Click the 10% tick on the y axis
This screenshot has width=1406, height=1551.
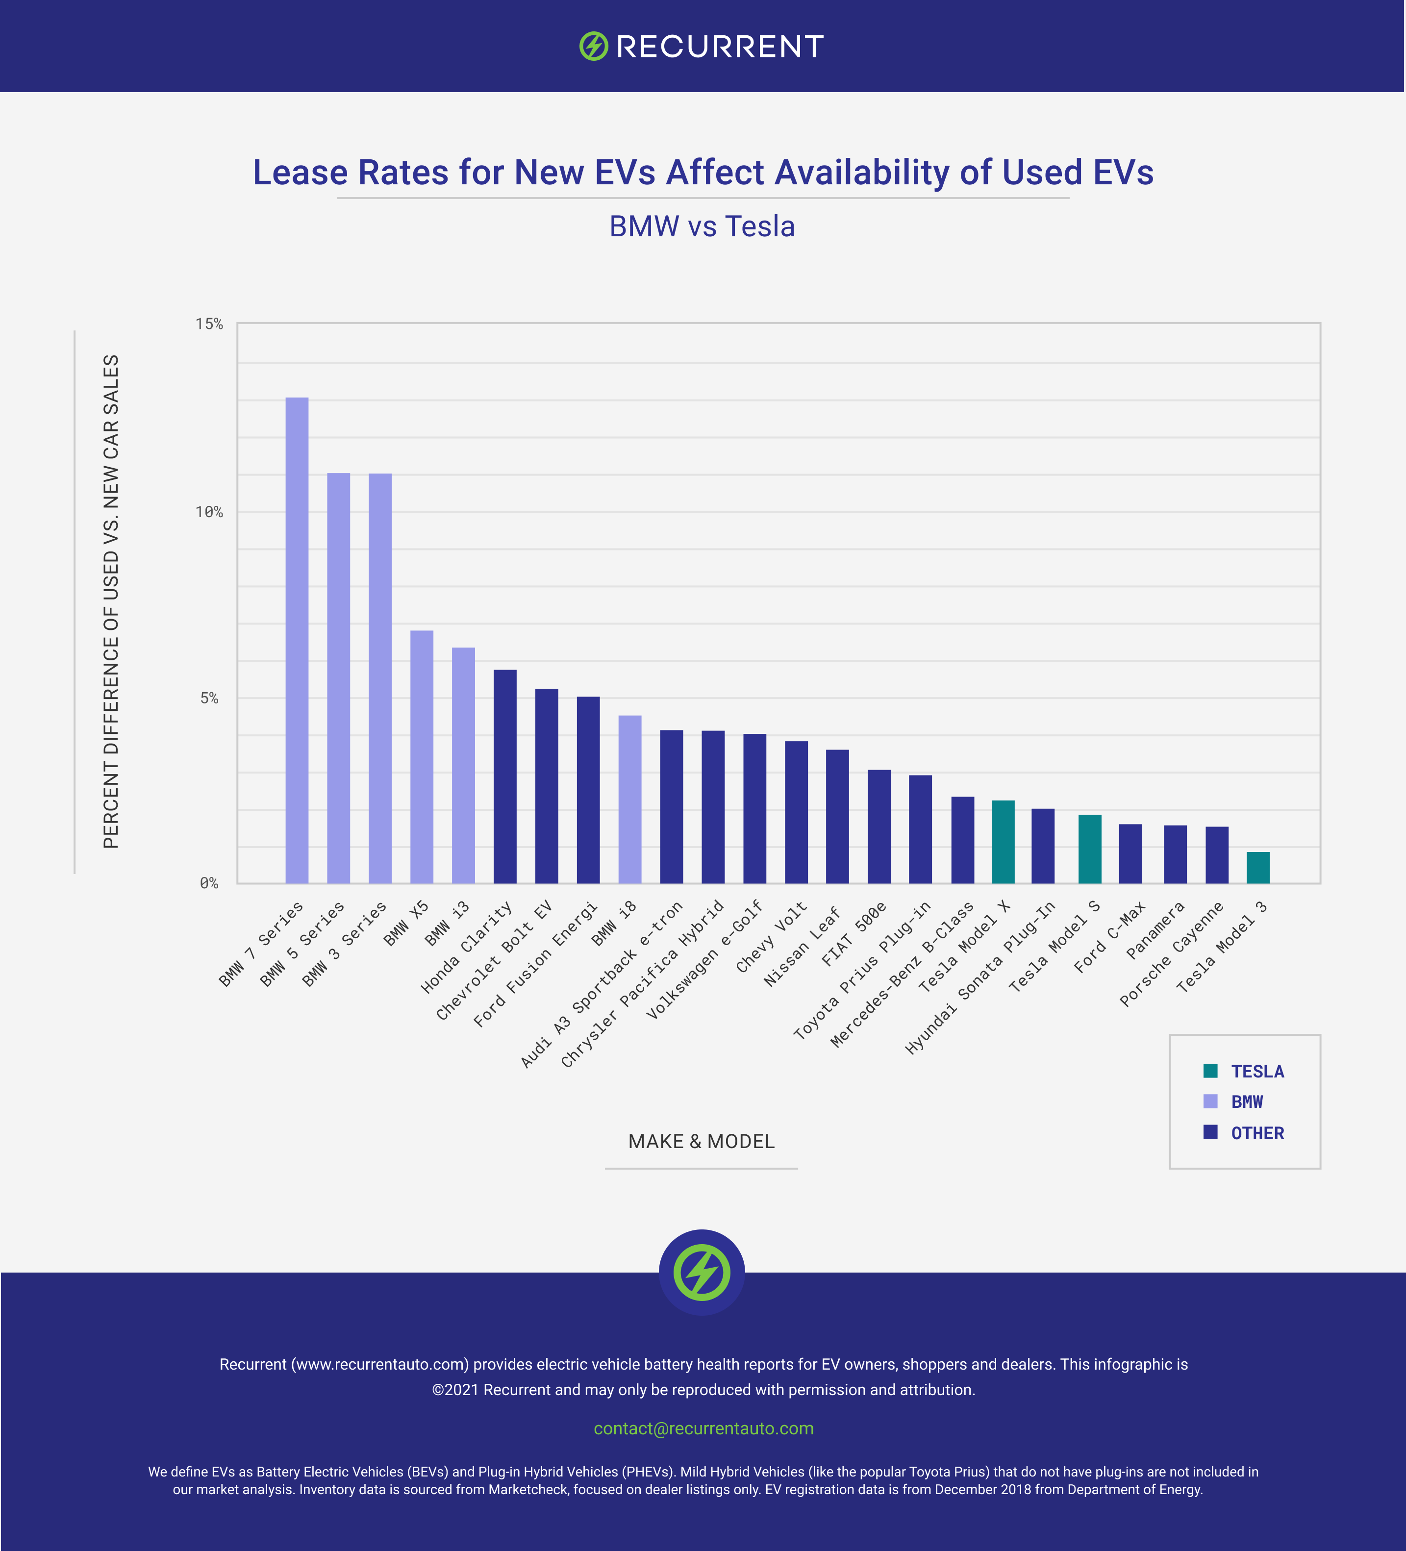tap(208, 512)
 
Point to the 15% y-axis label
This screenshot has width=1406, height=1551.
tap(208, 324)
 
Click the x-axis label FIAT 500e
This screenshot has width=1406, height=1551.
tap(854, 933)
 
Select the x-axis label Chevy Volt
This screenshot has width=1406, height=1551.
tap(771, 936)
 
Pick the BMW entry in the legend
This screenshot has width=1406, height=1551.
tap(1246, 1101)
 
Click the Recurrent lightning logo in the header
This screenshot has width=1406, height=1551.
tap(593, 46)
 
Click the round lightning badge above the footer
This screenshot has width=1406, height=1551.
tap(701, 1272)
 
